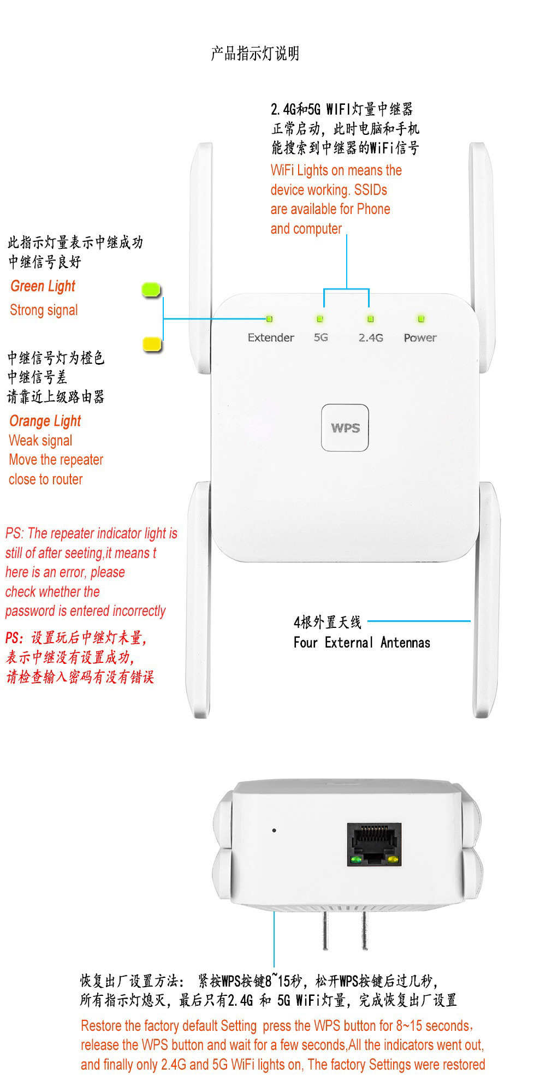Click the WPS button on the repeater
345,428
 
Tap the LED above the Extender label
269,319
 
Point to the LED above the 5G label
320,319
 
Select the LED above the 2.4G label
371,319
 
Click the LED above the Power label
420,318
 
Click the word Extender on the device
271,337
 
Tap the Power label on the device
420,337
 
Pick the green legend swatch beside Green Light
151,289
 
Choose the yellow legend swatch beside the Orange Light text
152,344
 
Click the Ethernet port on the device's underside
374,845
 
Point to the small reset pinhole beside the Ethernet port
274,830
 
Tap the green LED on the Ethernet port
357,860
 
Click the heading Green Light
43,286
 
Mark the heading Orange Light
45,421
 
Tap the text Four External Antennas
361,643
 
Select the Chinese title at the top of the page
255,54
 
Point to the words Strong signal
44,310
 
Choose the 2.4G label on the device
371,337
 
